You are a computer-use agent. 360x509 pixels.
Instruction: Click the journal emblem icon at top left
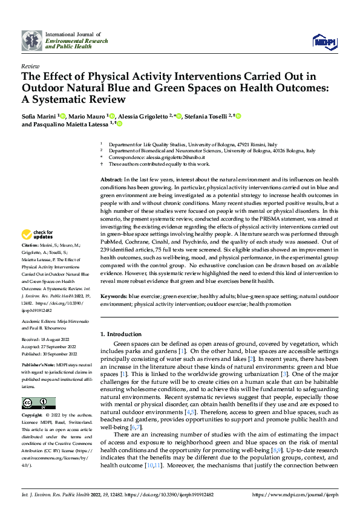(32, 41)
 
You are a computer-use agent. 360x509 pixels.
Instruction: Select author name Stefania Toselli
(205, 115)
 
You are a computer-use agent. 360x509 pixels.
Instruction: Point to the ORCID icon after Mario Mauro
(113, 115)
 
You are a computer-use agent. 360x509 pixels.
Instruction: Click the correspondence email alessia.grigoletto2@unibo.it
(175, 157)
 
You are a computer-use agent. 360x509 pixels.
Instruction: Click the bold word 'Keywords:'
(113, 296)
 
